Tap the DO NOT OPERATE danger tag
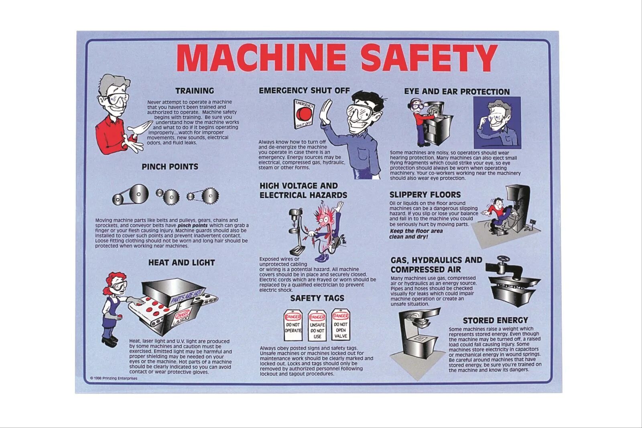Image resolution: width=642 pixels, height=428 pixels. coord(293,325)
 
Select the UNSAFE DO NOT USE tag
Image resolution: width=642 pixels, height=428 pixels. coord(317,326)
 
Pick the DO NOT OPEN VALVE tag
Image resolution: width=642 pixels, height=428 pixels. coord(341,325)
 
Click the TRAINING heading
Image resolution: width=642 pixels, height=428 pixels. coord(195,91)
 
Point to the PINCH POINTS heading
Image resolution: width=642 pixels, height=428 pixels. coord(170,167)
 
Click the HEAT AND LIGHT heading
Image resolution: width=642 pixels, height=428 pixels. coord(181,263)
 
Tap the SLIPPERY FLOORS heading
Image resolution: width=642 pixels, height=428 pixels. coord(425,195)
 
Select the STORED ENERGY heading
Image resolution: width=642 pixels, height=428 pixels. coord(495,320)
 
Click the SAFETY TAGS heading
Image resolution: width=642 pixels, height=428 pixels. coord(317,298)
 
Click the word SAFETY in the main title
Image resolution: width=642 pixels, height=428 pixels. coord(429,58)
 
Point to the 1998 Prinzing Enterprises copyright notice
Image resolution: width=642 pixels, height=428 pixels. coord(114,378)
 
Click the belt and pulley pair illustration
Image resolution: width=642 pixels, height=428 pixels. coord(131,195)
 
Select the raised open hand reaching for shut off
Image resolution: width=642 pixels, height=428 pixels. coord(326,112)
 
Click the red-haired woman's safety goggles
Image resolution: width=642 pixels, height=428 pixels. coord(120,285)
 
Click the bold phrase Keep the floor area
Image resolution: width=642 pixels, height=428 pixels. coord(416,231)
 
